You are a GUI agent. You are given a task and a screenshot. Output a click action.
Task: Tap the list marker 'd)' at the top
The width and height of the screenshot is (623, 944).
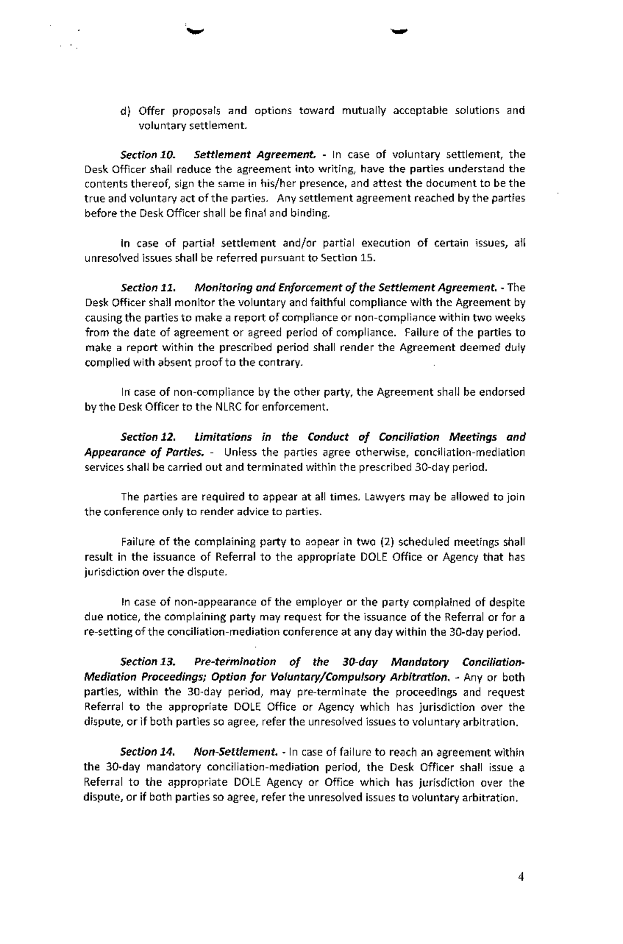tap(125, 111)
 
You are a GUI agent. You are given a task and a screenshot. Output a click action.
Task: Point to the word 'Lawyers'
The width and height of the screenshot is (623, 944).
tap(386, 497)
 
